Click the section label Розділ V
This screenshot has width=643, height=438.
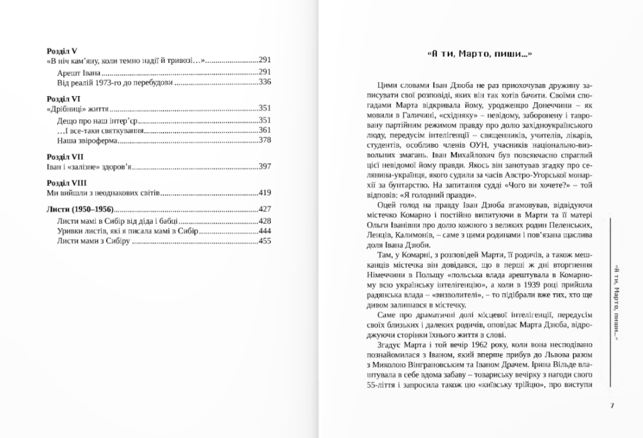(62, 50)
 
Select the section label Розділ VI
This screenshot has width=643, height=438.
(63, 99)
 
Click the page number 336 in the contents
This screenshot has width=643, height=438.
(264, 82)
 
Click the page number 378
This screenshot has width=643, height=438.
(264, 141)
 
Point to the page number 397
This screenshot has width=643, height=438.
(264, 167)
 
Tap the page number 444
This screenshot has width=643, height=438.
(264, 231)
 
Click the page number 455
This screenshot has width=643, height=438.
(264, 241)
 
